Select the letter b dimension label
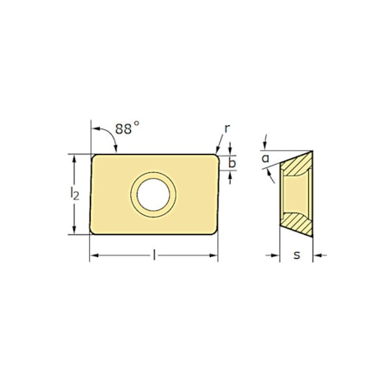point(232,163)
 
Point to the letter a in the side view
point(265,158)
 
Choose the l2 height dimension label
point(75,194)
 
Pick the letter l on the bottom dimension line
point(154,257)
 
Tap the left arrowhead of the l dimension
point(93,257)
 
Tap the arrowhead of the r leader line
point(218,152)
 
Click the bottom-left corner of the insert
point(92,234)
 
